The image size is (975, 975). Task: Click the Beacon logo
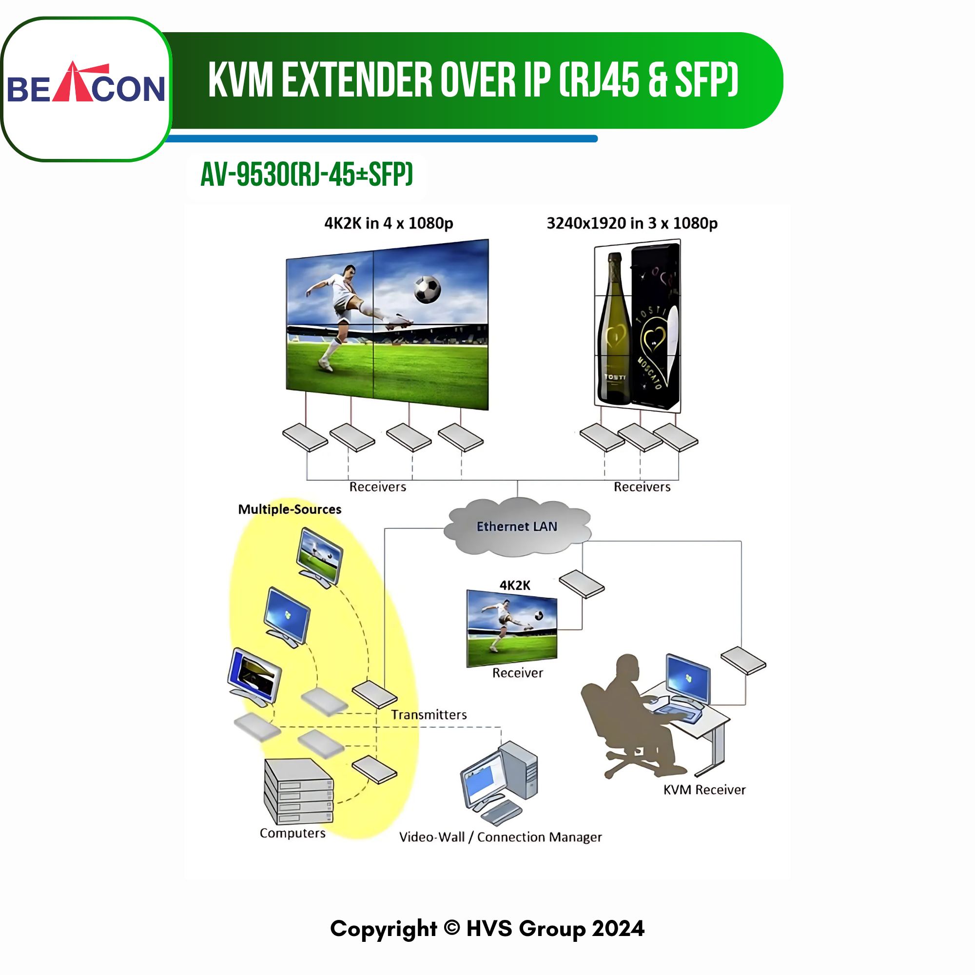click(x=86, y=83)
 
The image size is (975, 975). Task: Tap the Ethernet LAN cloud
click(x=517, y=527)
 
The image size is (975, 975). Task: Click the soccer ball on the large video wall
click(x=427, y=290)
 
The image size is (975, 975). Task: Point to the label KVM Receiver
click(x=704, y=790)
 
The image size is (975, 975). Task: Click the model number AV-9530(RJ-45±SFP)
click(x=307, y=175)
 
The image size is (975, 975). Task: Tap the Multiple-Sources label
click(x=290, y=509)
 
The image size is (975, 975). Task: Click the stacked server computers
click(x=299, y=791)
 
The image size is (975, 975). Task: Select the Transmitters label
click(x=429, y=715)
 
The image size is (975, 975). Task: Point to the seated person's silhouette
click(x=631, y=717)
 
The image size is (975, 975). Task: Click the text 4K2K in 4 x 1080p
click(x=389, y=223)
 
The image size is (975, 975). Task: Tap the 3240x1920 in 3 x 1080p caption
click(x=632, y=223)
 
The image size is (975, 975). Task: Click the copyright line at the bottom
click(x=487, y=929)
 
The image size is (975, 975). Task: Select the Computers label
click(x=292, y=833)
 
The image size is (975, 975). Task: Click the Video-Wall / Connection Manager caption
click(x=501, y=837)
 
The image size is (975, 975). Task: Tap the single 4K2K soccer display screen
click(x=512, y=628)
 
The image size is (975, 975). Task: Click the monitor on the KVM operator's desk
click(x=688, y=679)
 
